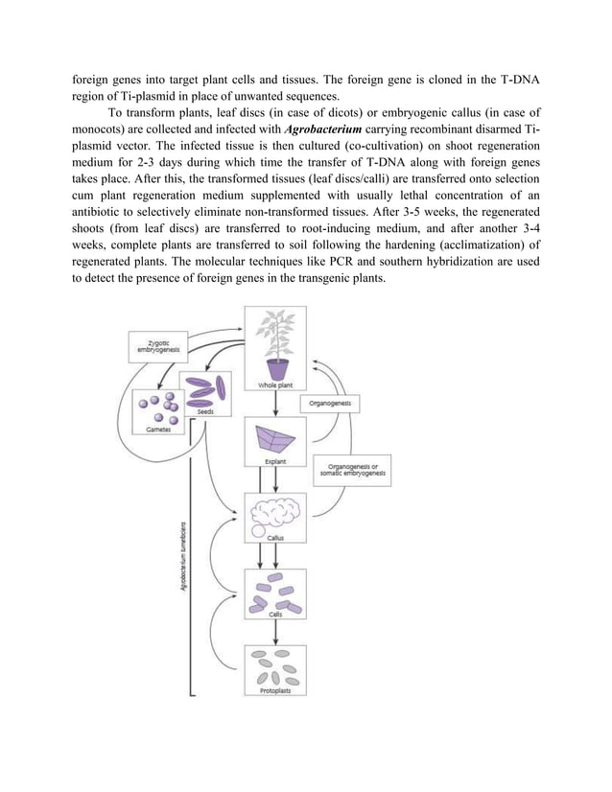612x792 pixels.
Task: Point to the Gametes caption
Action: tap(159, 431)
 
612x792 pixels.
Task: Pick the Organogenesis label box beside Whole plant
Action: tap(329, 404)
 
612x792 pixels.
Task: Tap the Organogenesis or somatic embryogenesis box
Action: tap(354, 472)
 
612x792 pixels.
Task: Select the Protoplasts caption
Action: tap(275, 690)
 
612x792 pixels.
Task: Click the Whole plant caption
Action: tap(275, 384)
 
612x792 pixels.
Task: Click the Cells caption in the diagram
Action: tap(275, 614)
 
